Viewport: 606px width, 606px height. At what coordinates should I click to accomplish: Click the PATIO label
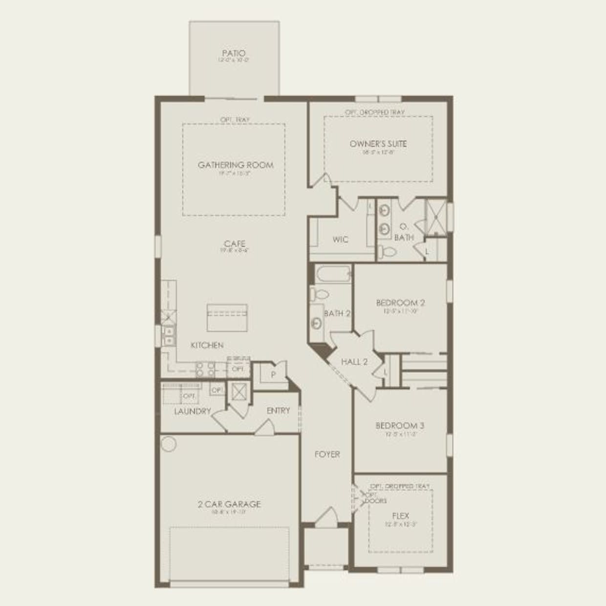pyautogui.click(x=234, y=53)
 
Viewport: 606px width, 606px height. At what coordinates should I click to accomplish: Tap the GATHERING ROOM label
pyautogui.click(x=236, y=165)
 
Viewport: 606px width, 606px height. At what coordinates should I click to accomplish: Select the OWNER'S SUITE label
pyautogui.click(x=378, y=144)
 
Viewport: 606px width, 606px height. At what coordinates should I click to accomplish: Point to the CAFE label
pyautogui.click(x=235, y=244)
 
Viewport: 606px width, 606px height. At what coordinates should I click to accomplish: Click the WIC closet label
pyautogui.click(x=340, y=239)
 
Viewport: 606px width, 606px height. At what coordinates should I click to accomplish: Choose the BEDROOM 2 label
pyautogui.click(x=400, y=303)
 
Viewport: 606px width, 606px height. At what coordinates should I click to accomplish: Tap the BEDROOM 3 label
pyautogui.click(x=400, y=426)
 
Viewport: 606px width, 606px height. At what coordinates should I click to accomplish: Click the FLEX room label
pyautogui.click(x=400, y=516)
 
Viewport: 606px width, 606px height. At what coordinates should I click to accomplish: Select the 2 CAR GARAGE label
pyautogui.click(x=229, y=504)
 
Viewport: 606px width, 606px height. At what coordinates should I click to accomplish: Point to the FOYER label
pyautogui.click(x=327, y=454)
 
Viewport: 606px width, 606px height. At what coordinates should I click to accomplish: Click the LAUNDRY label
pyautogui.click(x=193, y=411)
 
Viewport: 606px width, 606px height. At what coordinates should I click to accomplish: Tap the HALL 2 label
pyautogui.click(x=354, y=362)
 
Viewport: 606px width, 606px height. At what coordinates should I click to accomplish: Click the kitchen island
pyautogui.click(x=227, y=318)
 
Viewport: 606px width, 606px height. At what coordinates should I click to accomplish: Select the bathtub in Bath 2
pyautogui.click(x=333, y=274)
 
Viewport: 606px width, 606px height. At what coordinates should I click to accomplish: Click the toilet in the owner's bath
pyautogui.click(x=387, y=252)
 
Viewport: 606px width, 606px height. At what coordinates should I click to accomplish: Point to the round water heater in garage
pyautogui.click(x=169, y=444)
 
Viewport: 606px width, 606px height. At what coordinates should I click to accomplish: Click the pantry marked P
pyautogui.click(x=273, y=374)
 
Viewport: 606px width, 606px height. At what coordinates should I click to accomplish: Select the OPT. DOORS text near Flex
pyautogui.click(x=375, y=498)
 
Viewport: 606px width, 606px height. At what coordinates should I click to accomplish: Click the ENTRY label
pyautogui.click(x=278, y=411)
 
